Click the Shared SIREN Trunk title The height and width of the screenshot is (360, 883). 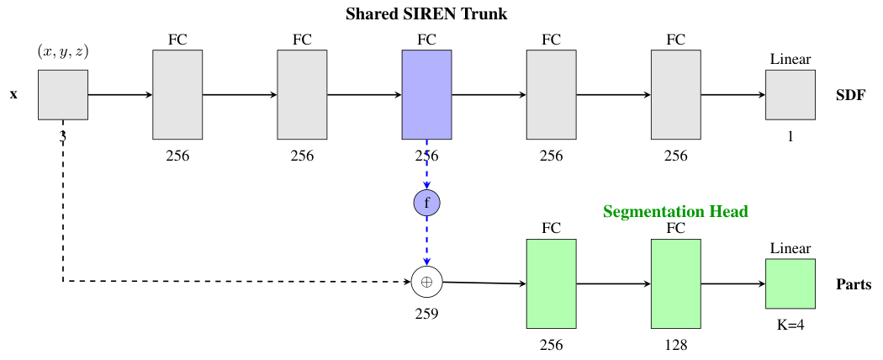click(426, 14)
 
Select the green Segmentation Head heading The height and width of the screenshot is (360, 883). click(675, 211)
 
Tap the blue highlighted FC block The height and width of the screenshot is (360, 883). click(426, 94)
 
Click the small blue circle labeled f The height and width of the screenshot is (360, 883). click(426, 203)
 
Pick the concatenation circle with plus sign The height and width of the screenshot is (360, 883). click(426, 283)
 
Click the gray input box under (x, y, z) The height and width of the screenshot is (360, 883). click(63, 94)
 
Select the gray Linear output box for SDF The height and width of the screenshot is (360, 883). click(790, 94)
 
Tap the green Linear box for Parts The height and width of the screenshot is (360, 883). click(790, 283)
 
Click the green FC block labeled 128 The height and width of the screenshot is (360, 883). click(675, 283)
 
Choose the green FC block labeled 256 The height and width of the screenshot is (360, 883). click(551, 283)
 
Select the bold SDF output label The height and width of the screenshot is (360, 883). click(850, 94)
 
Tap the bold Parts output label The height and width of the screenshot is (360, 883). click(854, 284)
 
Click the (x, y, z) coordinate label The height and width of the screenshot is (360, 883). click(63, 52)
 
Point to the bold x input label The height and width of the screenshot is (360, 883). click(13, 94)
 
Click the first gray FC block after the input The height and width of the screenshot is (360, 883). click(177, 94)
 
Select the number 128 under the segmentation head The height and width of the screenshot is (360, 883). click(675, 345)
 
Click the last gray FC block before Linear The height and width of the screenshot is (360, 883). click(675, 94)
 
